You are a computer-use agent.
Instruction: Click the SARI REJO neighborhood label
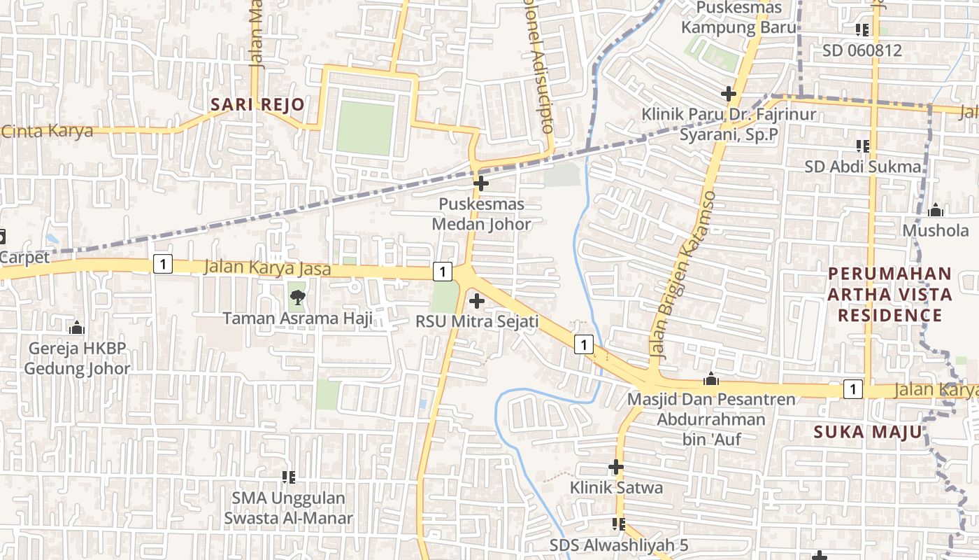(x=258, y=105)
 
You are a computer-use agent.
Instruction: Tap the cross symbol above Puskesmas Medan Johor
(x=481, y=184)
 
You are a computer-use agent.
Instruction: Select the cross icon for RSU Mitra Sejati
(x=477, y=302)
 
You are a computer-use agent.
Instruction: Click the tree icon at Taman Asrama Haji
(x=297, y=297)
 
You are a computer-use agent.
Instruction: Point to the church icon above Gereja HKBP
(x=77, y=328)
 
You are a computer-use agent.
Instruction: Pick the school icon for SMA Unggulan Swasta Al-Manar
(x=288, y=477)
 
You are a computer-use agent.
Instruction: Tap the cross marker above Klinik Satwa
(x=616, y=466)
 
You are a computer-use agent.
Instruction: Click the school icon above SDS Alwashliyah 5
(x=618, y=524)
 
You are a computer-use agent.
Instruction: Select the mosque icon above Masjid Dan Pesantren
(x=712, y=379)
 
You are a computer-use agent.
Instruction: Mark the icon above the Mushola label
(x=936, y=210)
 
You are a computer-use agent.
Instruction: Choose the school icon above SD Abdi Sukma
(x=862, y=146)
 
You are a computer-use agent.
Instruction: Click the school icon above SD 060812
(x=862, y=30)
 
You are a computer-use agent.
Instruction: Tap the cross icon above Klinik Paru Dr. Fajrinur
(x=729, y=94)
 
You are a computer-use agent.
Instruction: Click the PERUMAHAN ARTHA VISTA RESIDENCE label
(x=889, y=294)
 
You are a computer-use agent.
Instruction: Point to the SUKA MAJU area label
(x=868, y=432)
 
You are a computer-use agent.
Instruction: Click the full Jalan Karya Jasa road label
(x=267, y=268)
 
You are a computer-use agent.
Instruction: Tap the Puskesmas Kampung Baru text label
(x=738, y=18)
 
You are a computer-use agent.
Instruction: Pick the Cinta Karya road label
(x=47, y=131)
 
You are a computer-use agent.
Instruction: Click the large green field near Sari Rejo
(x=365, y=127)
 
